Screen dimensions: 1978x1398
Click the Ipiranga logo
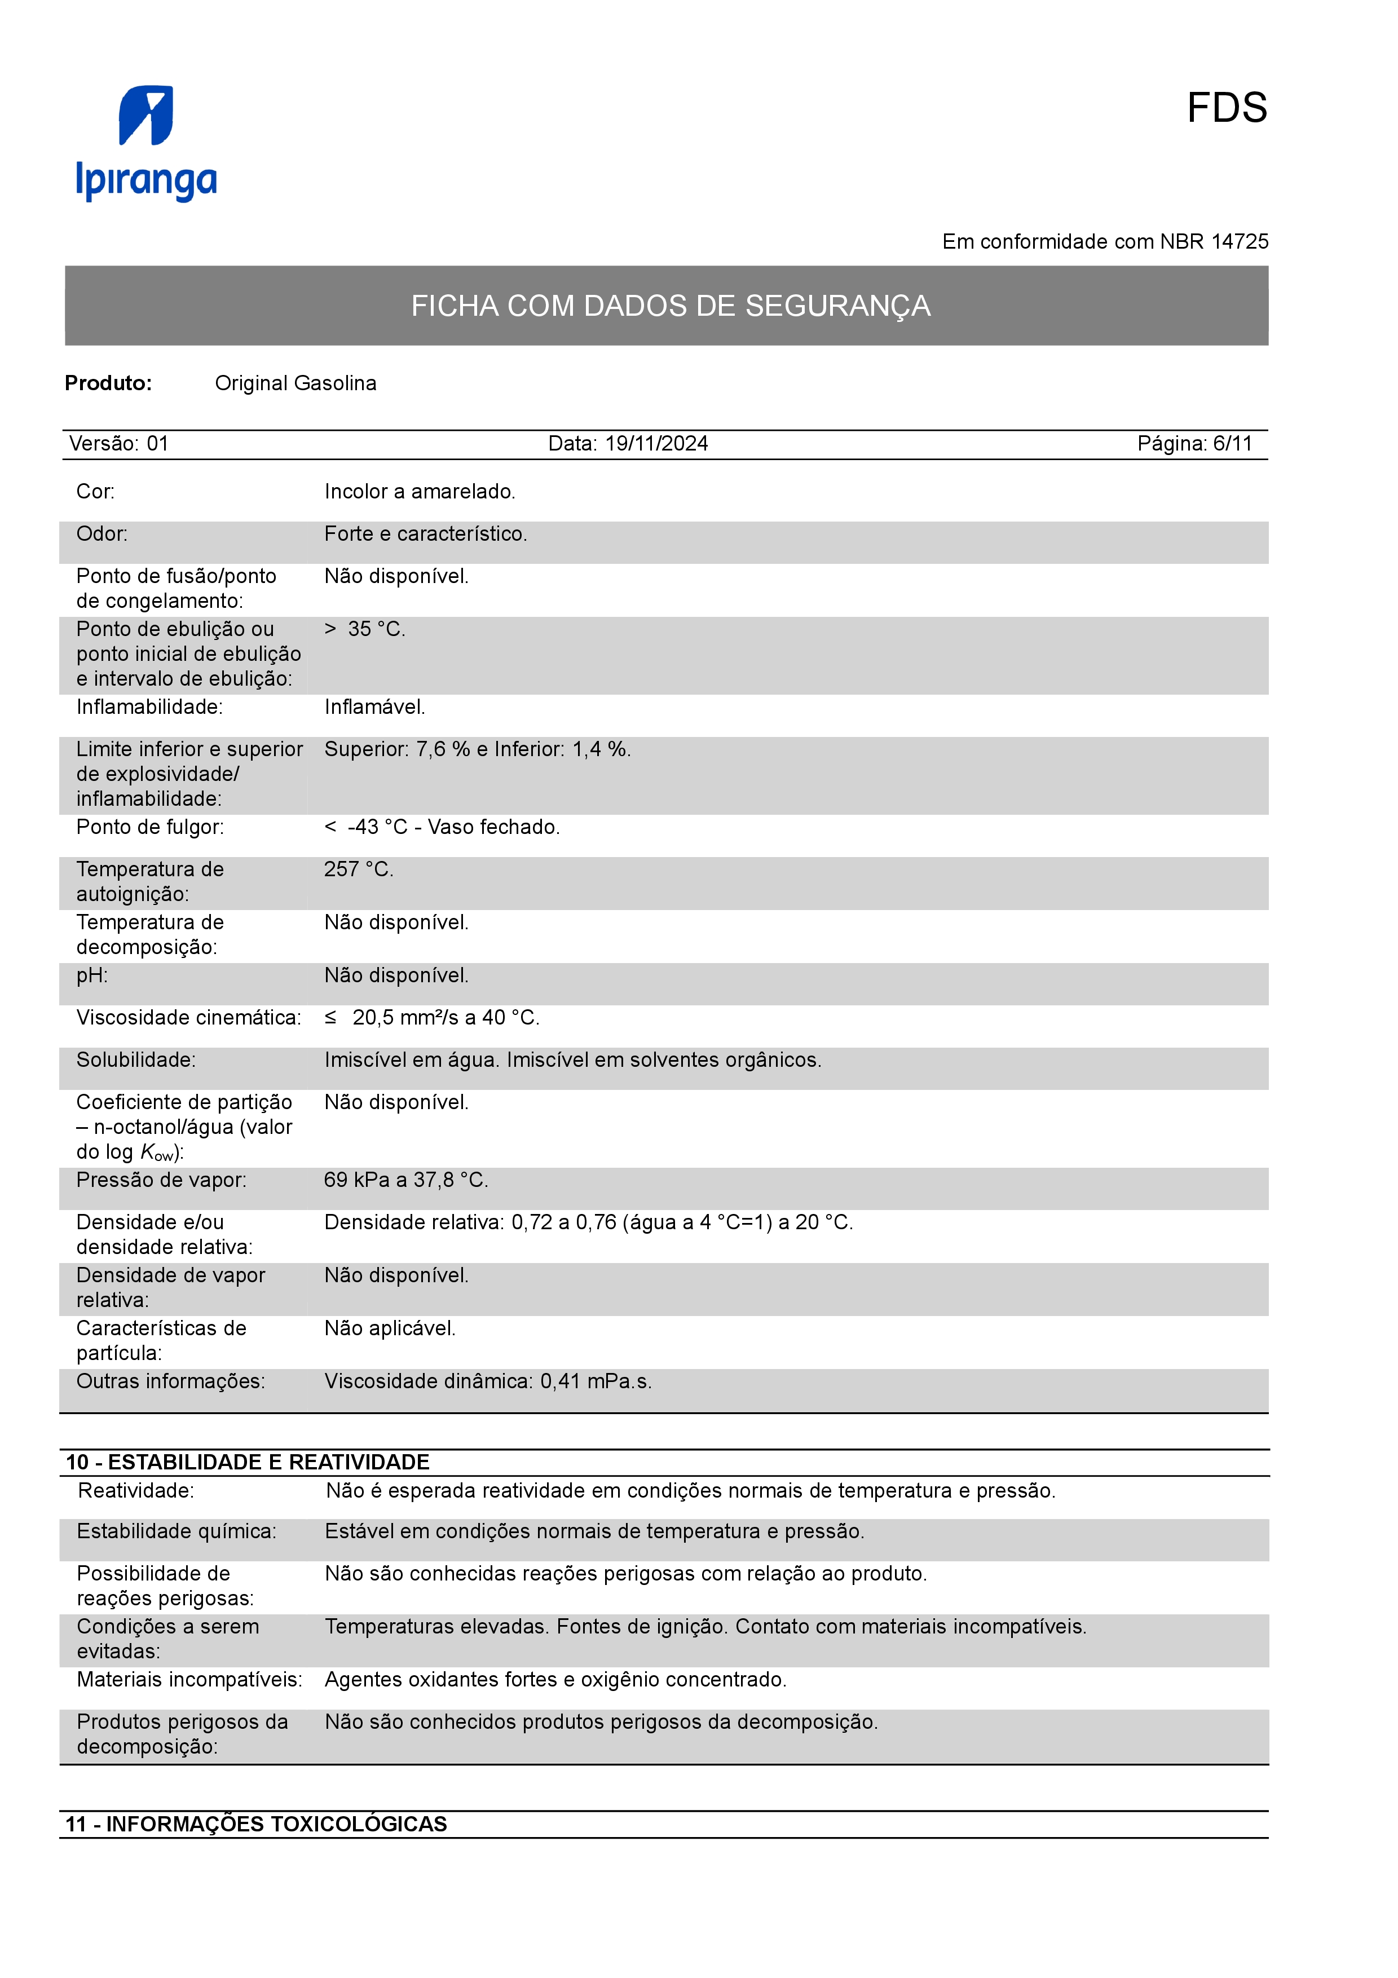[x=147, y=143]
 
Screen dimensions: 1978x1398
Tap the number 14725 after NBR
[x=1240, y=242]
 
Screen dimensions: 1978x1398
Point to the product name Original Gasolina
[x=296, y=383]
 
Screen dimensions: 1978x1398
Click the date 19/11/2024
[x=656, y=444]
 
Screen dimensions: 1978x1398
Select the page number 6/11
[x=1232, y=444]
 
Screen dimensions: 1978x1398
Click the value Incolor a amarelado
[x=420, y=492]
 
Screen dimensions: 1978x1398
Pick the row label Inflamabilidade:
[x=149, y=707]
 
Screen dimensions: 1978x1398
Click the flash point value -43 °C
[x=377, y=828]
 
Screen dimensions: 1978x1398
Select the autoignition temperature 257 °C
[x=358, y=870]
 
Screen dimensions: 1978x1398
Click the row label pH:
[x=92, y=976]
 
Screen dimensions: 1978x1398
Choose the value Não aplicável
[x=389, y=1328]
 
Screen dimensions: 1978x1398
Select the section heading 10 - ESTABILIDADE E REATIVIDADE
[x=247, y=1462]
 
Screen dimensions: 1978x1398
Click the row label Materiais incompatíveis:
[x=189, y=1680]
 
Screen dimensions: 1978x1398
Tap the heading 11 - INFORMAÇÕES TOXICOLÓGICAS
[x=256, y=1824]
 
